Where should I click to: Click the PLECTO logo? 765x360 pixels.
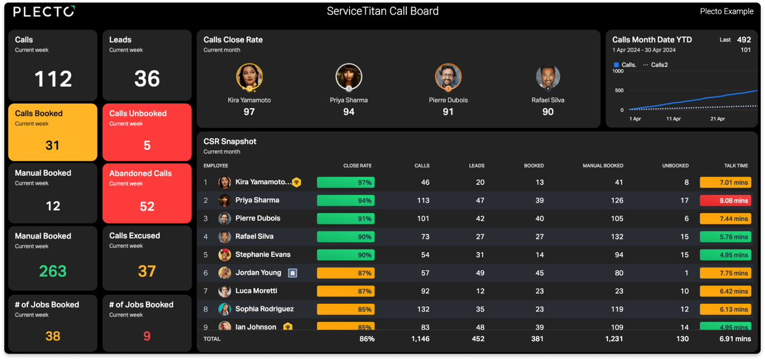44,11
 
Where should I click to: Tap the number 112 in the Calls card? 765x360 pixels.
53,79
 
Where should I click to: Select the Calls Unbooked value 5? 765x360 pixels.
147,145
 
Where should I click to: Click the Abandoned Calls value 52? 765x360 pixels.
147,206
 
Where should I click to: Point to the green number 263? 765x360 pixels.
53,271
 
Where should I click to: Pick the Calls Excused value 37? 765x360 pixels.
147,271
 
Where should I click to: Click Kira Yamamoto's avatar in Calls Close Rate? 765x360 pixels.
249,77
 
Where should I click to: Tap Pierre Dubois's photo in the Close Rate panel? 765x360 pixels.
448,77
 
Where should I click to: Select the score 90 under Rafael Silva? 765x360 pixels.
547,112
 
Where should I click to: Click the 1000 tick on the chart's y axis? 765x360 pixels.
618,71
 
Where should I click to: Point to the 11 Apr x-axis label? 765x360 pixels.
674,119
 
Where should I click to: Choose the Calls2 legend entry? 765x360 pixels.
659,65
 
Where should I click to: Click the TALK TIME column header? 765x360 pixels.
736,166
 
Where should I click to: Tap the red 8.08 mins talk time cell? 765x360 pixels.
726,201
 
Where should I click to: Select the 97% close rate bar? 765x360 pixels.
345,182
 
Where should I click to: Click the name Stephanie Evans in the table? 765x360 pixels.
263,255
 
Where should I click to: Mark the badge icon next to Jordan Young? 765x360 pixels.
292,273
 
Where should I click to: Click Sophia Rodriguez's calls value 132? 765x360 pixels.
423,309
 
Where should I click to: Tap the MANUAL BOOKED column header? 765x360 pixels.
602,166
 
